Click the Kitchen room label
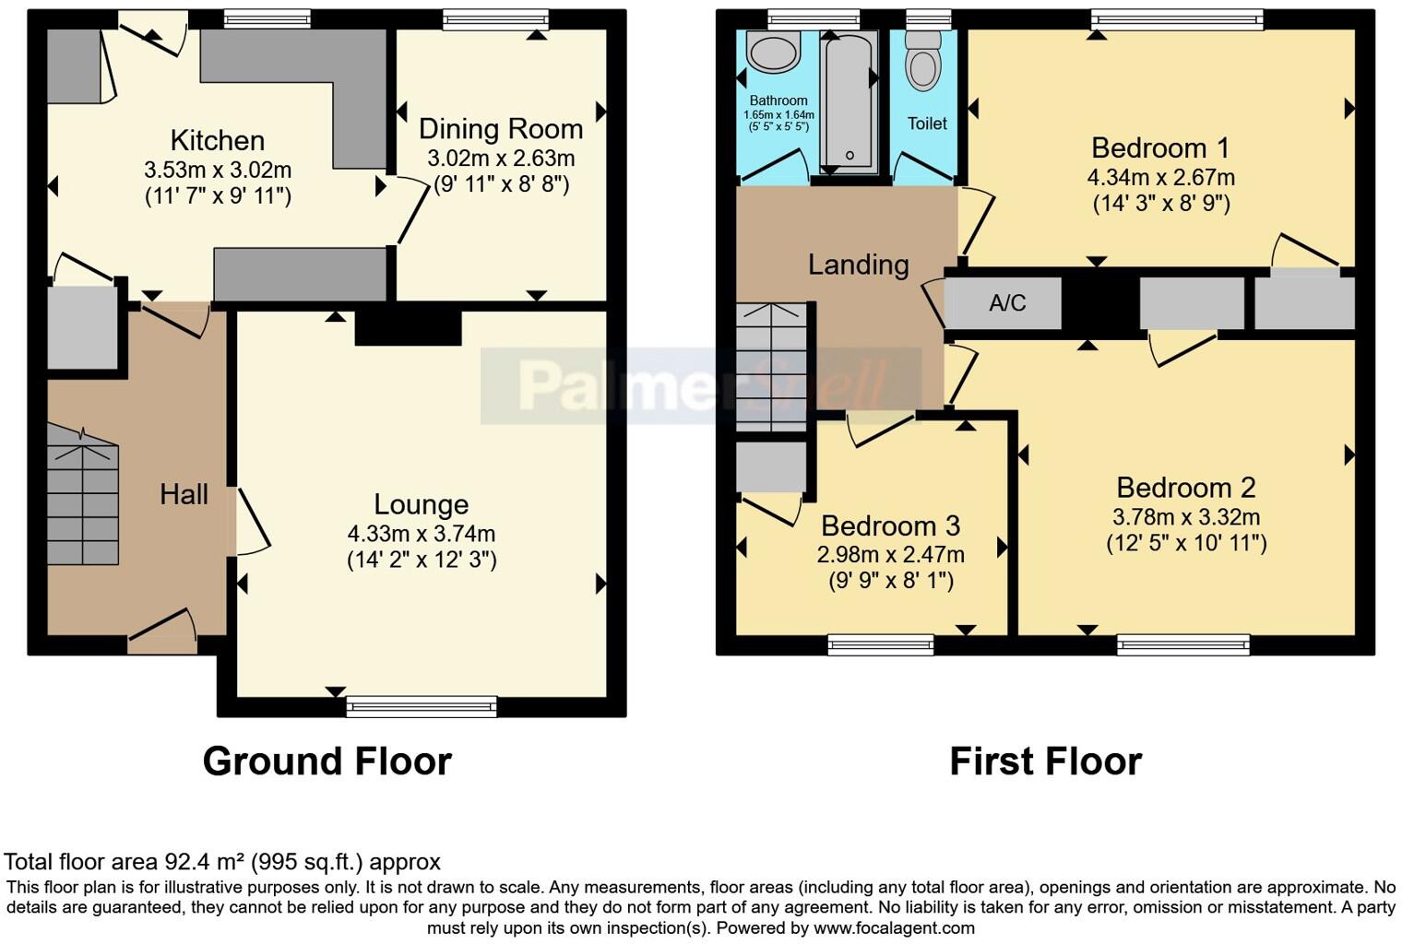click(x=218, y=141)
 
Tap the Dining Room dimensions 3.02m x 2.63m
click(x=501, y=159)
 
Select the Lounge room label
click(x=421, y=504)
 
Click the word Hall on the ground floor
click(x=184, y=495)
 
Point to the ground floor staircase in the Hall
click(x=83, y=498)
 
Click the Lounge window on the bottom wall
click(x=422, y=707)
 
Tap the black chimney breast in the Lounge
click(x=408, y=328)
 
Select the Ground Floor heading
click(x=327, y=761)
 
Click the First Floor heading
click(x=1045, y=761)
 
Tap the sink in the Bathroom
click(x=773, y=53)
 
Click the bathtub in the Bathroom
click(x=850, y=101)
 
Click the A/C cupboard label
click(x=1006, y=303)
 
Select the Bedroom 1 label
click(x=1160, y=148)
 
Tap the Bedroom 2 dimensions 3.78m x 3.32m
click(x=1186, y=517)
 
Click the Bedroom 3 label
click(x=890, y=526)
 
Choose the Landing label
click(x=858, y=265)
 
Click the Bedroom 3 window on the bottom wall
click(x=881, y=644)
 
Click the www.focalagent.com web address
click(x=894, y=928)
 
